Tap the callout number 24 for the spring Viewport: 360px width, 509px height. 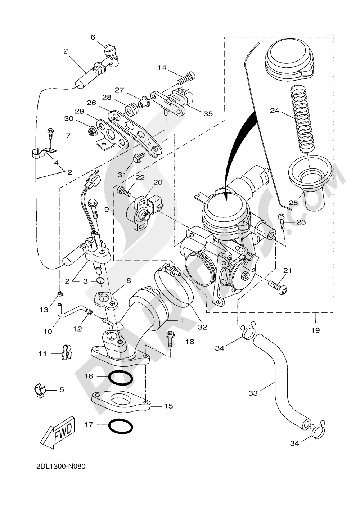click(x=275, y=111)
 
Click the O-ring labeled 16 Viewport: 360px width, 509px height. click(x=120, y=378)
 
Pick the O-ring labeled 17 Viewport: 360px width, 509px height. click(x=120, y=426)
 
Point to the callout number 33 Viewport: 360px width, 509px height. click(x=253, y=393)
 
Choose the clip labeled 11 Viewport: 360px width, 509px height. click(x=66, y=353)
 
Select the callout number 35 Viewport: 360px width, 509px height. click(x=208, y=114)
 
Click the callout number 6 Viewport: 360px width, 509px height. click(x=93, y=37)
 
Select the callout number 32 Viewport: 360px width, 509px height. click(x=202, y=327)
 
